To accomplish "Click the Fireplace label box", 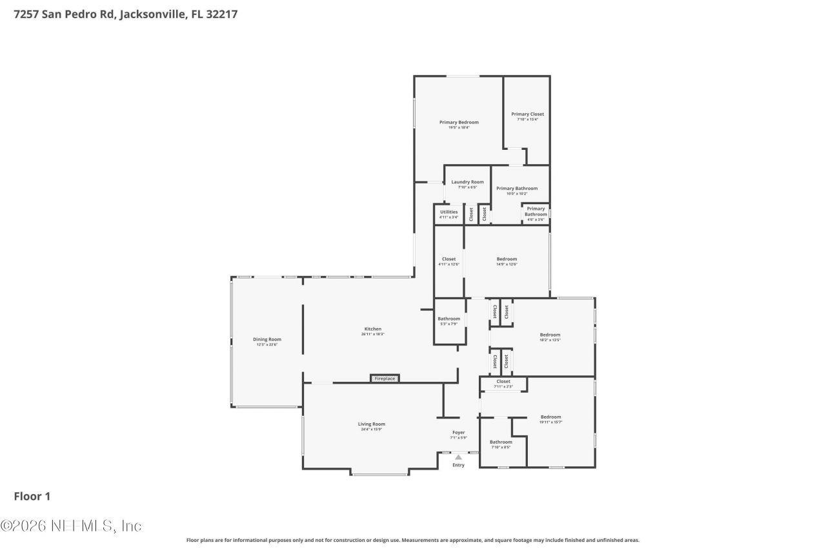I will [385, 379].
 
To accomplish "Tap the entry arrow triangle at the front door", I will [458, 457].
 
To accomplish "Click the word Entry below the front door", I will [458, 465].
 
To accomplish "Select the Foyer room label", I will [458, 433].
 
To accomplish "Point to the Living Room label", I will [372, 424].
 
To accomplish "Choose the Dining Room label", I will [267, 339].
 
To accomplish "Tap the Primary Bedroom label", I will [459, 122].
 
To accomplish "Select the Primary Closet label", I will [527, 114].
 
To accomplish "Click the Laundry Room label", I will [467, 182].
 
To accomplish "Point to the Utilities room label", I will [448, 212].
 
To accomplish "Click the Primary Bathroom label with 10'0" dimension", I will [516, 189].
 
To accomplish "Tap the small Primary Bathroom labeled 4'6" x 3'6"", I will [536, 212].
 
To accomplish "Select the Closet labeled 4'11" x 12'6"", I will [448, 259].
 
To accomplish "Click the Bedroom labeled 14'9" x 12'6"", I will [507, 259].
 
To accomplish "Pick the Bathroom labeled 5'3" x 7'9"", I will [448, 318].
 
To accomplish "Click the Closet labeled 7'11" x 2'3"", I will [503, 382].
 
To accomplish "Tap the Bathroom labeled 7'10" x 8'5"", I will [501, 442].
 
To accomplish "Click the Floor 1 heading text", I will [32, 496].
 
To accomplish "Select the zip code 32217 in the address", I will [222, 14].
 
